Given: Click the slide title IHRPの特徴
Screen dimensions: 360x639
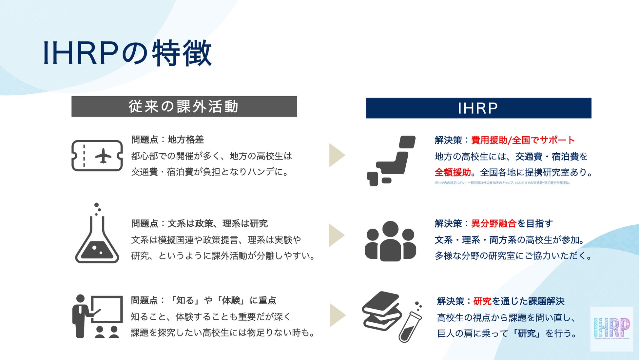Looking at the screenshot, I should [x=127, y=53].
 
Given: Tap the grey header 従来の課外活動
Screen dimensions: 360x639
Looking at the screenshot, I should [x=184, y=106].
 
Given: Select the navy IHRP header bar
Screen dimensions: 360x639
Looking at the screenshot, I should [x=478, y=108].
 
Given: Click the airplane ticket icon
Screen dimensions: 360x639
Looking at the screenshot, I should [x=97, y=156].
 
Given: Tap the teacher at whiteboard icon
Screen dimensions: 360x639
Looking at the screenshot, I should [x=97, y=316].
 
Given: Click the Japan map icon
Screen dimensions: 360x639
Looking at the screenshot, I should [x=391, y=161].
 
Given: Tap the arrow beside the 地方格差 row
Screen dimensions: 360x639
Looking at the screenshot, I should [x=337, y=155].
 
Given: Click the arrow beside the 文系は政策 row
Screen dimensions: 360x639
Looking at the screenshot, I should [x=337, y=235].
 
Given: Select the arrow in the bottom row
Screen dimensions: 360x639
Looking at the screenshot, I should [x=337, y=315].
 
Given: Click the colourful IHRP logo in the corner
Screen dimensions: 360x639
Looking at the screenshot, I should [x=611, y=329].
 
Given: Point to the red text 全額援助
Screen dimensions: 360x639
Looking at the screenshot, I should [x=453, y=172].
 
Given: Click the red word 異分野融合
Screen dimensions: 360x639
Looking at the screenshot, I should [x=494, y=224].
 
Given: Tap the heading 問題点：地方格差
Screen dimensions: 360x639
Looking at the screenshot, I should [x=167, y=140].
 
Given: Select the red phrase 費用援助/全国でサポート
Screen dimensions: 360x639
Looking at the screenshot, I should [x=523, y=140].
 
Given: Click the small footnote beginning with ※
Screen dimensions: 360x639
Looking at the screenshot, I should [x=502, y=183].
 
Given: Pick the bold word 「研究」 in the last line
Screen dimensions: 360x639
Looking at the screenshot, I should [x=527, y=333].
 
